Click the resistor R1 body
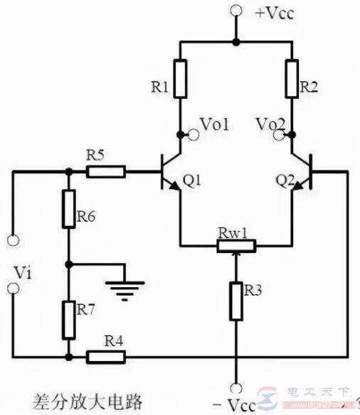(x=181, y=79)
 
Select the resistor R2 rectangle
(x=292, y=79)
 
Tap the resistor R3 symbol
(x=235, y=301)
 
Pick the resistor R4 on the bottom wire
(x=106, y=357)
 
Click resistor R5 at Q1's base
(x=106, y=172)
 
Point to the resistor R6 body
(x=68, y=209)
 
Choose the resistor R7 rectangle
(x=68, y=320)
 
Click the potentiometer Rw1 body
(x=236, y=246)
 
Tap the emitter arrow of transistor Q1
(x=174, y=185)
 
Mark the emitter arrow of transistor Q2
(x=298, y=185)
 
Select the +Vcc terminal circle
(x=235, y=11)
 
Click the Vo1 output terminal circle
(x=194, y=135)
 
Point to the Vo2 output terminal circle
(x=279, y=135)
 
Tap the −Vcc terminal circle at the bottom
(x=235, y=388)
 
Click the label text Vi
(x=23, y=273)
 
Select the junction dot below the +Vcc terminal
(x=235, y=42)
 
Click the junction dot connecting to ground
(x=68, y=264)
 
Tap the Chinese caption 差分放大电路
(x=88, y=401)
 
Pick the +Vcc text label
(x=275, y=14)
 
